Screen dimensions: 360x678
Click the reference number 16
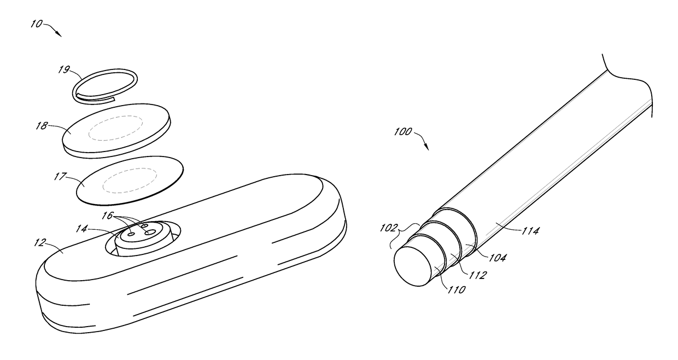pyautogui.click(x=107, y=216)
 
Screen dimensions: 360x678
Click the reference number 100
pyautogui.click(x=401, y=132)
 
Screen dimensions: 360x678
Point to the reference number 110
pyautogui.click(x=457, y=289)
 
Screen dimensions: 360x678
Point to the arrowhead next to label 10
pyautogui.click(x=59, y=34)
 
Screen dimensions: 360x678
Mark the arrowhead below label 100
pyautogui.click(x=426, y=147)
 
